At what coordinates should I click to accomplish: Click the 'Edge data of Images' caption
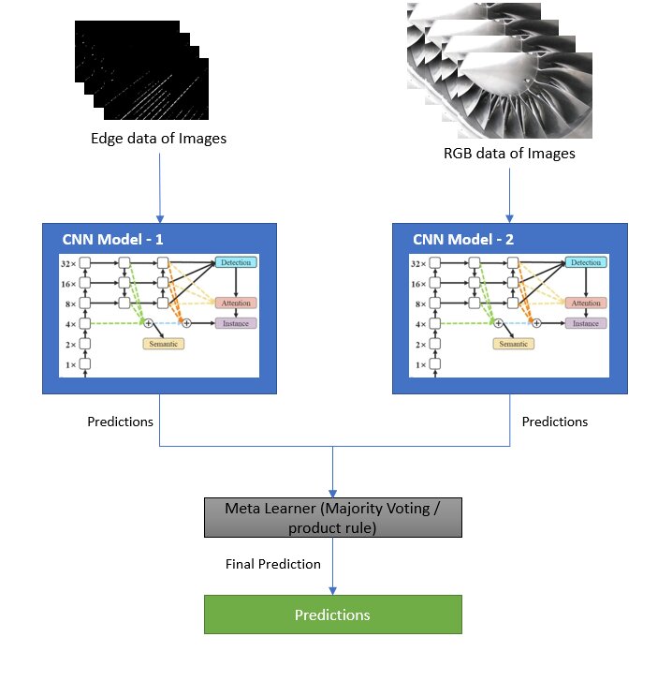pyautogui.click(x=158, y=139)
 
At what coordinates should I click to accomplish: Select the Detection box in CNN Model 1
pyautogui.click(x=235, y=262)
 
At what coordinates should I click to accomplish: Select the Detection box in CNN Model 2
pyautogui.click(x=586, y=262)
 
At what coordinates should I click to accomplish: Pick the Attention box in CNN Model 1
pyautogui.click(x=235, y=303)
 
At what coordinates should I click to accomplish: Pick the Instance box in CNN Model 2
pyautogui.click(x=586, y=323)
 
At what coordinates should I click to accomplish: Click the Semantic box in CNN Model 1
pyautogui.click(x=164, y=343)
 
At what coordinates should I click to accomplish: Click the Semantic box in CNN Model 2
pyautogui.click(x=515, y=343)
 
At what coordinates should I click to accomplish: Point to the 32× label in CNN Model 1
pyautogui.click(x=69, y=263)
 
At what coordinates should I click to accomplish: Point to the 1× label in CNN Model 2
pyautogui.click(x=419, y=364)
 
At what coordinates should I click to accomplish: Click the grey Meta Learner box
pyautogui.click(x=333, y=517)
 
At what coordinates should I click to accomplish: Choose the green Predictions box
pyautogui.click(x=332, y=615)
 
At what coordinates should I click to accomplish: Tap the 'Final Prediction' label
pyautogui.click(x=273, y=564)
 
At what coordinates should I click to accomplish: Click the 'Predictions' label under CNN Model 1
pyautogui.click(x=120, y=422)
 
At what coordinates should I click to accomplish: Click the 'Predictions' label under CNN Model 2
pyautogui.click(x=555, y=422)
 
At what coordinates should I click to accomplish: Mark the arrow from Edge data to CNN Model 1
pyautogui.click(x=160, y=187)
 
